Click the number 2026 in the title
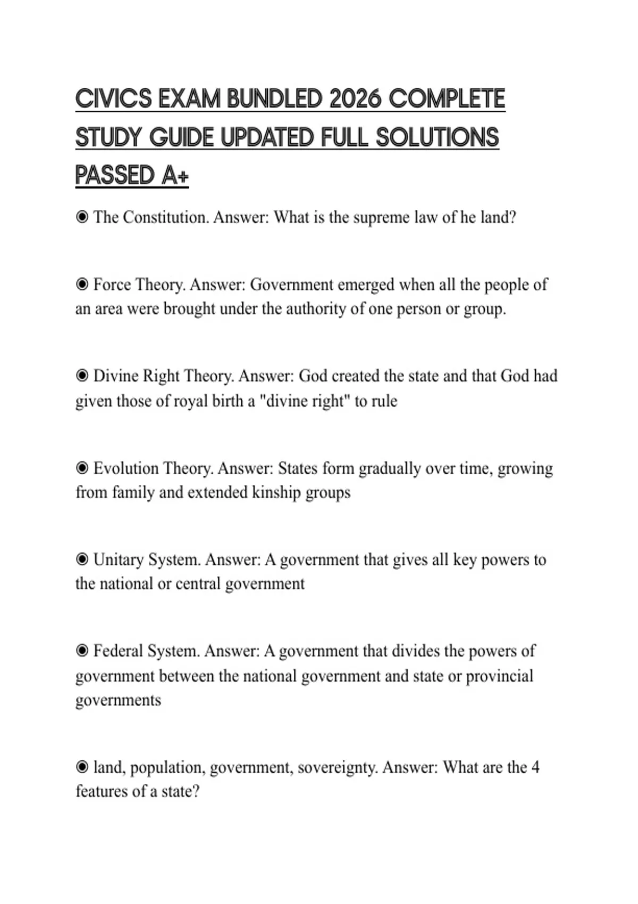(355, 99)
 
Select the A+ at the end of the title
(174, 175)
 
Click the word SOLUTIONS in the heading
(437, 137)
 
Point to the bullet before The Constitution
(82, 217)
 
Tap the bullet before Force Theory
(82, 284)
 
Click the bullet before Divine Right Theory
(82, 376)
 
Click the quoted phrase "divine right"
(303, 400)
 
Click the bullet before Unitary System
(82, 559)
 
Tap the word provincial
(499, 676)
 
